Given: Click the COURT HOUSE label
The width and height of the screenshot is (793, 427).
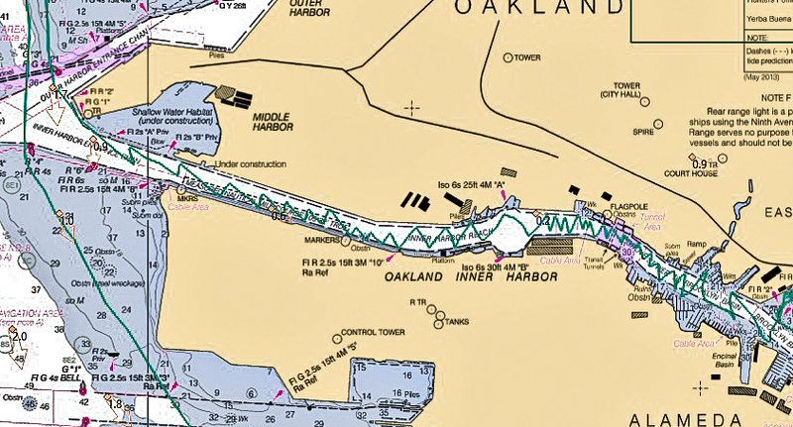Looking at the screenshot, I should [x=690, y=172].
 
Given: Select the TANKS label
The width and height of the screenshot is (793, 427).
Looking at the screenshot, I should [x=457, y=321].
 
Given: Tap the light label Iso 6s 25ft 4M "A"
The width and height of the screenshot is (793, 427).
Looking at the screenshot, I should [x=472, y=184].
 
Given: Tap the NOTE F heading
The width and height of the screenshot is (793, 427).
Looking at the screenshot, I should [x=768, y=98].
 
